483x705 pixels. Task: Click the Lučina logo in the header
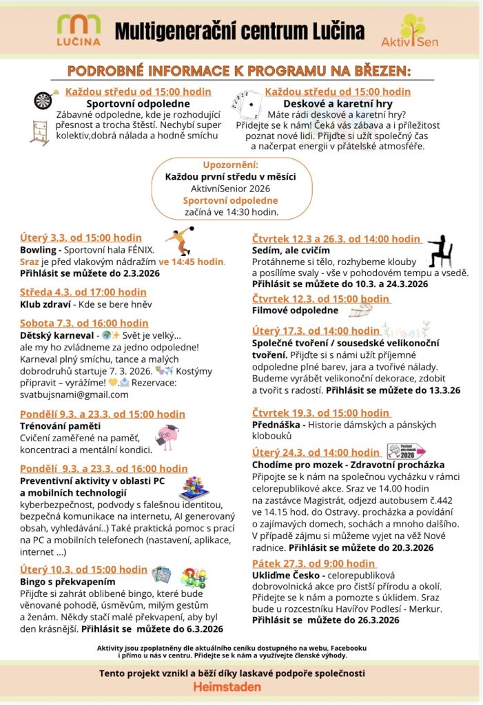click(x=79, y=30)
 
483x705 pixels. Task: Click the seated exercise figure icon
click(x=439, y=251)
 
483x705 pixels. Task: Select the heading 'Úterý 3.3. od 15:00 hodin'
click(x=81, y=238)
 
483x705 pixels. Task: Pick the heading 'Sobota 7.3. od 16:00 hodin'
click(x=84, y=323)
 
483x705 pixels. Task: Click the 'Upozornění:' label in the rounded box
click(x=230, y=166)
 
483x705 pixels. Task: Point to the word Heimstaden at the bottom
click(x=227, y=687)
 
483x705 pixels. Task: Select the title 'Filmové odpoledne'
click(x=295, y=311)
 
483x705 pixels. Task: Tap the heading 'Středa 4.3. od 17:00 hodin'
click(x=83, y=292)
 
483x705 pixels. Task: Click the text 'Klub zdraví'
click(x=45, y=304)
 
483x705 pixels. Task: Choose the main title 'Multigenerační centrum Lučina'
click(x=239, y=31)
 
